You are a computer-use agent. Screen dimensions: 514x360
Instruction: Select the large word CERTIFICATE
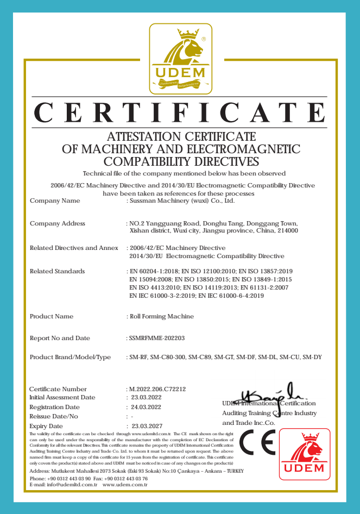pyautogui.click(x=180, y=112)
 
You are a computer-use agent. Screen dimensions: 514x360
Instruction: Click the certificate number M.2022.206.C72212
pyautogui.click(x=157, y=389)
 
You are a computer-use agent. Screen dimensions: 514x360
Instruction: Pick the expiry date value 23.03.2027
pyautogui.click(x=144, y=426)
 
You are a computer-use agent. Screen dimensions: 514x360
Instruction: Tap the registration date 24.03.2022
pyautogui.click(x=143, y=407)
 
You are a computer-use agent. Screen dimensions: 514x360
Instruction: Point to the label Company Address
pyautogui.click(x=58, y=223)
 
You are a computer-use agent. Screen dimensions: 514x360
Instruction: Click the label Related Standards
pyautogui.click(x=57, y=271)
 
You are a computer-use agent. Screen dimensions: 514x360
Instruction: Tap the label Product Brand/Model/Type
pyautogui.click(x=70, y=357)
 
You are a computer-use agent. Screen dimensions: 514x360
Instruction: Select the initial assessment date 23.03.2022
pyautogui.click(x=143, y=397)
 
